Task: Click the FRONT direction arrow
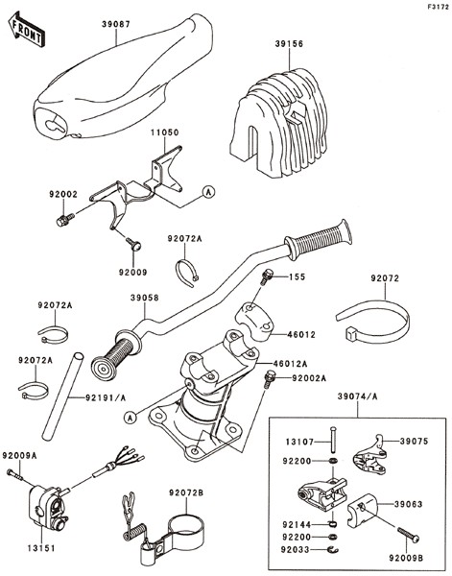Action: (27, 30)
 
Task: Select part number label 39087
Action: (116, 25)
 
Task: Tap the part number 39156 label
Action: (290, 44)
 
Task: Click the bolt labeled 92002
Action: (65, 220)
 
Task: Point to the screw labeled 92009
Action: (134, 244)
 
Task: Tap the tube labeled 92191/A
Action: (62, 396)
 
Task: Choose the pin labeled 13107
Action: (333, 440)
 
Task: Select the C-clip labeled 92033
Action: (333, 549)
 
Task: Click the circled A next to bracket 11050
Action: (209, 192)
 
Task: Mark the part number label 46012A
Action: (290, 364)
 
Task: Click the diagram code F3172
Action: (438, 7)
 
